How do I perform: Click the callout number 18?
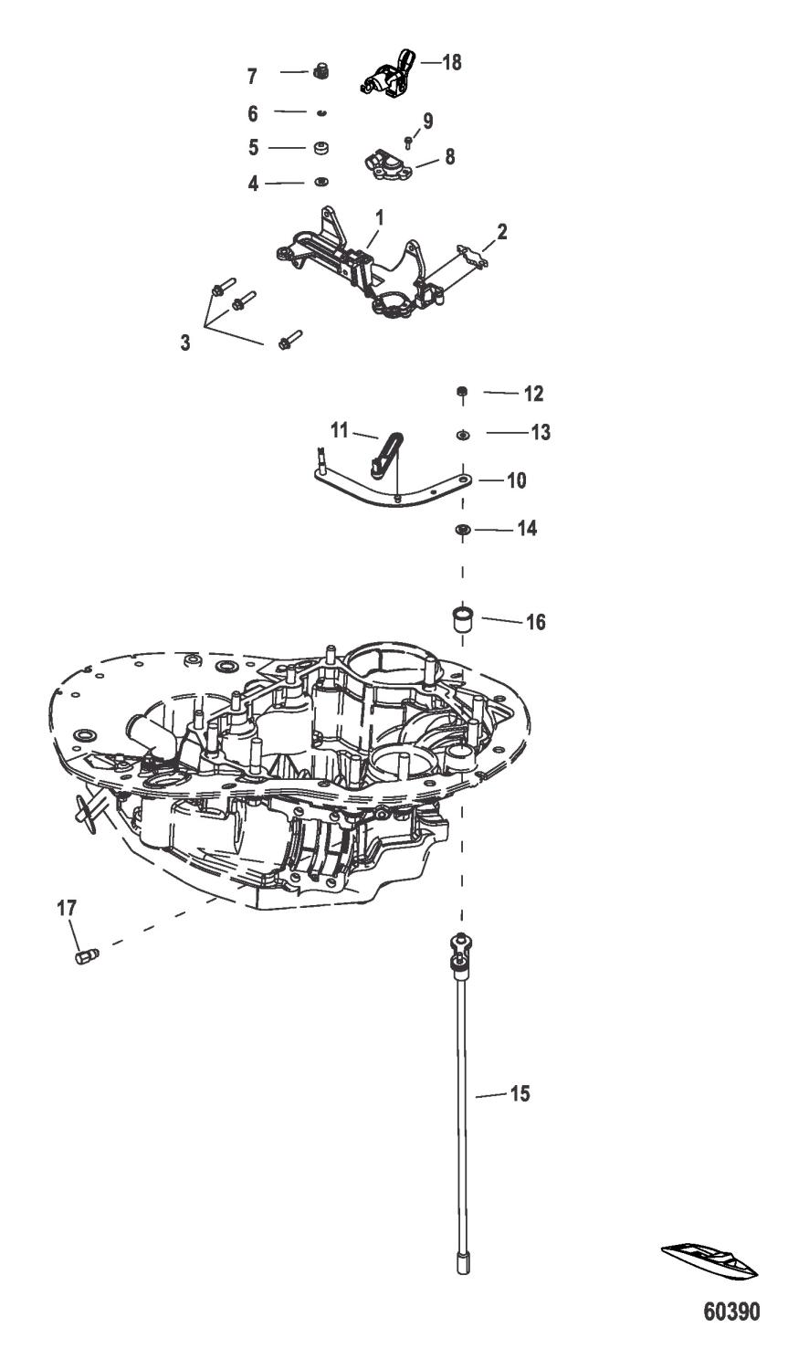click(451, 62)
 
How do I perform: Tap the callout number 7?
click(252, 77)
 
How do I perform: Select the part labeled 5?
click(320, 147)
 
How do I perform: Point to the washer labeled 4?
click(321, 183)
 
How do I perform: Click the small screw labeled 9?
click(409, 141)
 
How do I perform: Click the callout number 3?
click(185, 343)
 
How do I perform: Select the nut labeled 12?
click(462, 393)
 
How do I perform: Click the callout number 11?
click(340, 428)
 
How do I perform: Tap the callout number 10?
click(516, 479)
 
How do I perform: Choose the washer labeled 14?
click(463, 529)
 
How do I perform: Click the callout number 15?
click(519, 1092)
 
